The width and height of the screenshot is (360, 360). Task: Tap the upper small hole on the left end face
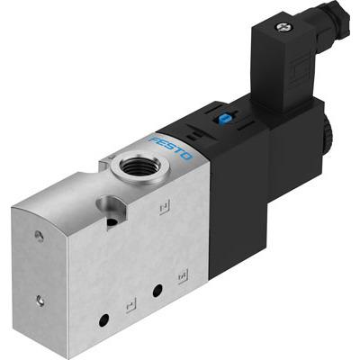click(39, 238)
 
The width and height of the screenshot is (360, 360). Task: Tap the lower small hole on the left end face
click(40, 300)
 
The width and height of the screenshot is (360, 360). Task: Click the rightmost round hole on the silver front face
click(157, 291)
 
